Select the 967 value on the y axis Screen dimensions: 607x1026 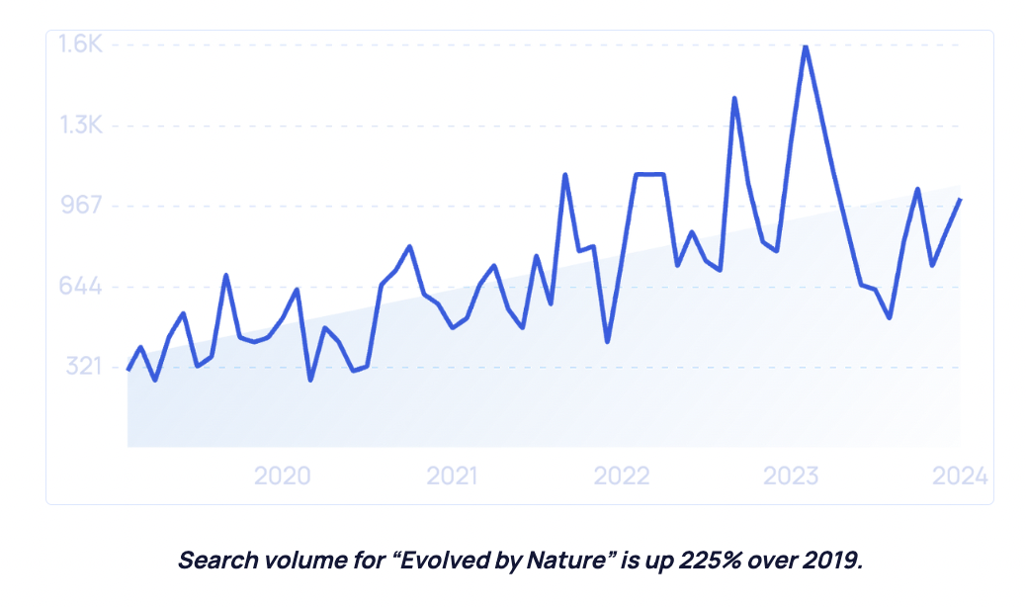[x=82, y=206]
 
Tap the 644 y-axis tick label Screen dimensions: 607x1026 [x=82, y=287]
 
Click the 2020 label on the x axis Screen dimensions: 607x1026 [x=282, y=476]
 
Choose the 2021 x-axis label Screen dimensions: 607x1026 [x=452, y=476]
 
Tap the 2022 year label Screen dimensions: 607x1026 [x=622, y=476]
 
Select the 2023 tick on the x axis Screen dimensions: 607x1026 [x=791, y=476]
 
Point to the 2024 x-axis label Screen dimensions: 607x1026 [x=960, y=476]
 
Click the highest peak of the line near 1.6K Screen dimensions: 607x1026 [x=806, y=45]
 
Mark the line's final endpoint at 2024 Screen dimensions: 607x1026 [x=960, y=200]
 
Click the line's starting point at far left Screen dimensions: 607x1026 [x=128, y=370]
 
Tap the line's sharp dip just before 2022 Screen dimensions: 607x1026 [x=607, y=341]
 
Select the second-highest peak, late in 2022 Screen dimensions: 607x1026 [x=733, y=98]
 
